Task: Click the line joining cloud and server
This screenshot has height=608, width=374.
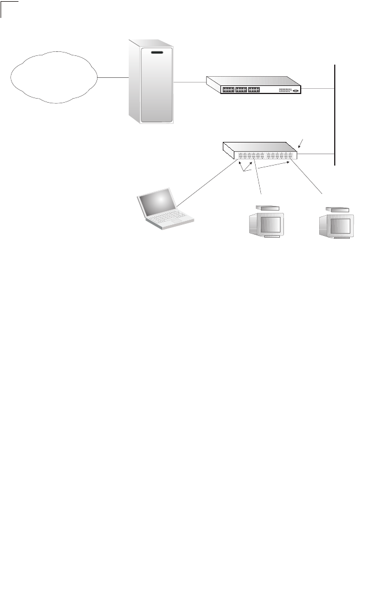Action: (x=112, y=78)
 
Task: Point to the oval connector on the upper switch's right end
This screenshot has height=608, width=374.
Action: (x=296, y=91)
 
